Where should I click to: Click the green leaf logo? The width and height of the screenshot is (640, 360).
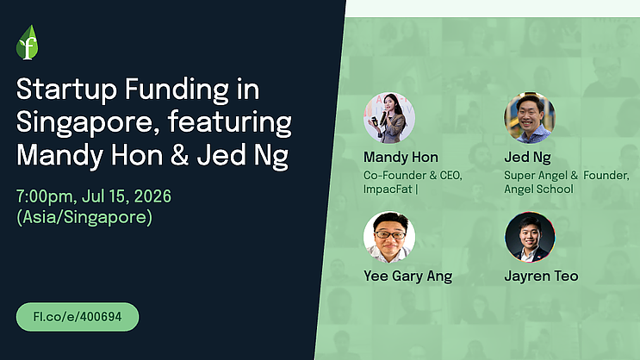coord(28,42)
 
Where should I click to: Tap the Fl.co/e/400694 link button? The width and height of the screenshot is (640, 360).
coord(78,317)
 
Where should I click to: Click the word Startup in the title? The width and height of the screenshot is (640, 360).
coord(66,90)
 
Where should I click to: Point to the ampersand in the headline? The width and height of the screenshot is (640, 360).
coord(179,156)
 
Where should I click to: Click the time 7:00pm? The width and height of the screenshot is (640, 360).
coord(45,196)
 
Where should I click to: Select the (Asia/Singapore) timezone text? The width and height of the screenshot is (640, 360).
coord(84,217)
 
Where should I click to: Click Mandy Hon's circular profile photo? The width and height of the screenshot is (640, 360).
coord(389,118)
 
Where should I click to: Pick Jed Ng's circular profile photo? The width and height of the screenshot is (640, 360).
coord(530,118)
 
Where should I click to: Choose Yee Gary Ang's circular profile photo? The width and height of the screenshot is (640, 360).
coord(389,237)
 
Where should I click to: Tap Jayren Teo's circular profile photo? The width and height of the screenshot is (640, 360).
coord(530,237)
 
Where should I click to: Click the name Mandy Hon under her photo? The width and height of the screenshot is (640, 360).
coord(401,158)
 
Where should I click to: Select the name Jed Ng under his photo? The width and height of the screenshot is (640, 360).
coord(527,158)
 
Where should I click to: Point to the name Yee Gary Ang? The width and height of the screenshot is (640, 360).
coord(407,276)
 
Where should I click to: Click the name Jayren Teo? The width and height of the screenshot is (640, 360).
coord(541,276)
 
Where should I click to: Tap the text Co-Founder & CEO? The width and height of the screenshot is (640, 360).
coord(413,176)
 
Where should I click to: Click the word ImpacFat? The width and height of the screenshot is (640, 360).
coord(388,189)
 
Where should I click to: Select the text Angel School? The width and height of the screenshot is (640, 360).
coord(538,189)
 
